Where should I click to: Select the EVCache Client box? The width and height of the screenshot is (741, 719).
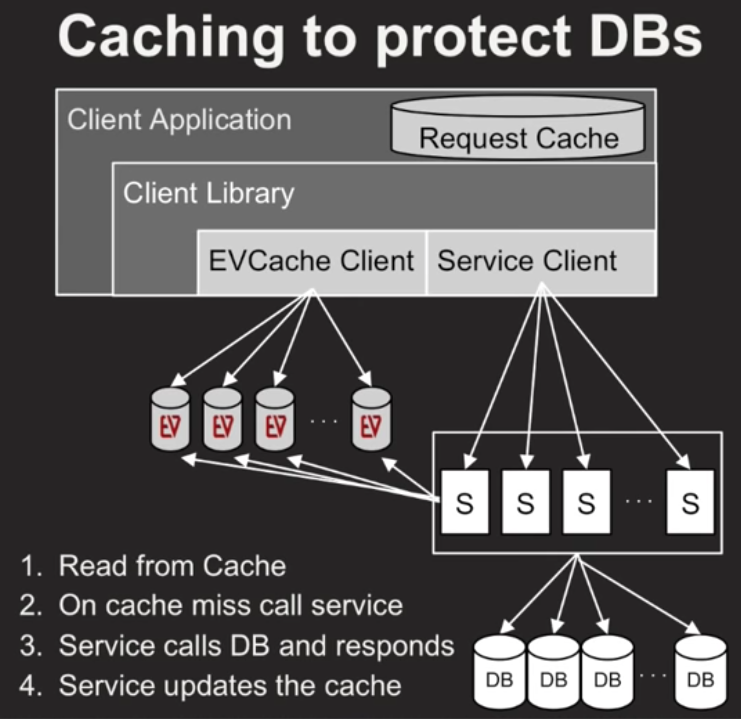(311, 261)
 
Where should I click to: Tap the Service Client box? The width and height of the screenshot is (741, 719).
(541, 261)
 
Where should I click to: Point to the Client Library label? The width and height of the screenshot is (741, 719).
(209, 193)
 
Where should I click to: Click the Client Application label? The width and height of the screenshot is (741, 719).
(179, 120)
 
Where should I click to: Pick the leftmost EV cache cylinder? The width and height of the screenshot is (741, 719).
(170, 420)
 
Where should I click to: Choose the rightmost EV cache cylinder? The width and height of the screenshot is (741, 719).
(372, 420)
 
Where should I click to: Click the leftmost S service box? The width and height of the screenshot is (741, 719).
(464, 502)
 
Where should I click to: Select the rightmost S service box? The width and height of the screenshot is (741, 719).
(690, 502)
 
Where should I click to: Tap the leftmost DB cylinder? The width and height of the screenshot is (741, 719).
(499, 672)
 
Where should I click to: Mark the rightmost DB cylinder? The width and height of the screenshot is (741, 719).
(700, 672)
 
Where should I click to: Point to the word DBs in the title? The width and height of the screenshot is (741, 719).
(646, 37)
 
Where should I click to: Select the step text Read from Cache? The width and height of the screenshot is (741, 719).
(172, 566)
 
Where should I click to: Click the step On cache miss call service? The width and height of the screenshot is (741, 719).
(230, 605)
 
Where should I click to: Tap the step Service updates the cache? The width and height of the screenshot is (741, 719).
(230, 685)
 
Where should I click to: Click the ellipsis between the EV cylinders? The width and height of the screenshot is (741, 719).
(324, 421)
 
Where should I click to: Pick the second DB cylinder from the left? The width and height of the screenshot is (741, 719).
(553, 672)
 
